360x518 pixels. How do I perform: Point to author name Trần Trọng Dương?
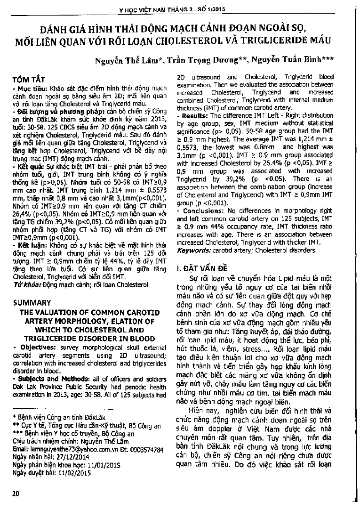[199, 60]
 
